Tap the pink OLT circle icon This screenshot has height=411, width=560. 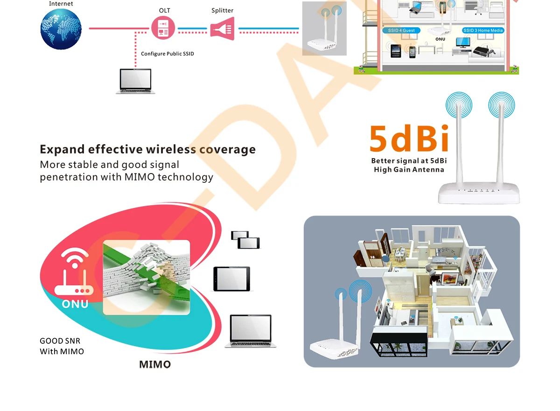[163, 28]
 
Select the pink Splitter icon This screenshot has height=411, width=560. [222, 28]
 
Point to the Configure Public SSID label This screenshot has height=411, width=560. [167, 54]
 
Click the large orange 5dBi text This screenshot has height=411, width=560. [409, 139]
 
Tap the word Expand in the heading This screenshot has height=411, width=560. [62, 149]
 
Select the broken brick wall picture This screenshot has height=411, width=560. [146, 277]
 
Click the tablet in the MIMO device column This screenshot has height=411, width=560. [231, 279]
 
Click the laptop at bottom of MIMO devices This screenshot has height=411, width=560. [251, 331]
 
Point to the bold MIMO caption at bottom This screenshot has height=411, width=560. [155, 364]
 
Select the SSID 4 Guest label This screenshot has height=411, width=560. [401, 30]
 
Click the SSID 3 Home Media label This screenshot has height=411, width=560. [483, 30]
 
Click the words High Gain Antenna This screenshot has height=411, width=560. [409, 170]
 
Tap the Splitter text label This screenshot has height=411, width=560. [222, 10]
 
